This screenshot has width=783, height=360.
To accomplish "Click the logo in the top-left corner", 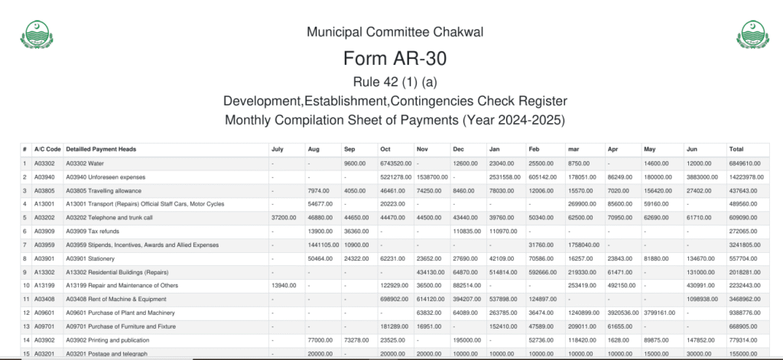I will (35, 34).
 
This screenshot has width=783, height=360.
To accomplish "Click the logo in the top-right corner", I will (751, 34).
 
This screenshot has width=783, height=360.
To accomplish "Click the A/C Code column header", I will (47, 149).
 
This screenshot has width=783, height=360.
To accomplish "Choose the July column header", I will (278, 149).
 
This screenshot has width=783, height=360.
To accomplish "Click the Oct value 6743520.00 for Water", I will (396, 164).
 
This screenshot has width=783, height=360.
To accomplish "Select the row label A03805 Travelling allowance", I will (104, 190).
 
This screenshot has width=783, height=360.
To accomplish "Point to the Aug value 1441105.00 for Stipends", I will (323, 245).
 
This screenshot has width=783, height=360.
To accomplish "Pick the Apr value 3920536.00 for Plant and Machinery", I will (622, 312).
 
